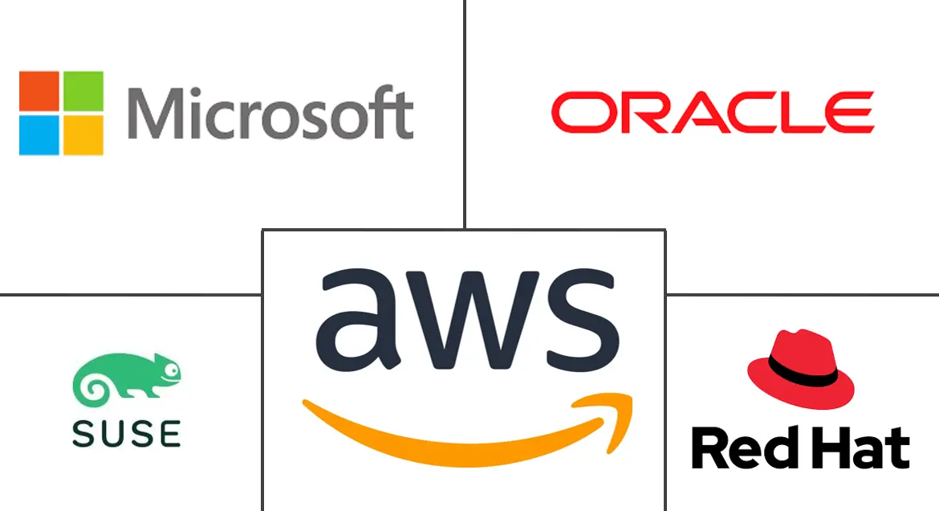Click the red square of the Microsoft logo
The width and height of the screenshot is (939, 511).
point(39,91)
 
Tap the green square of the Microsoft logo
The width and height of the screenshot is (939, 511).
point(83,91)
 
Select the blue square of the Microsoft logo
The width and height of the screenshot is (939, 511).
point(39,134)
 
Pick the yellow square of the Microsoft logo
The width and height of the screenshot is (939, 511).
point(83,134)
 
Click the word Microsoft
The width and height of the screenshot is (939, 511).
point(270,114)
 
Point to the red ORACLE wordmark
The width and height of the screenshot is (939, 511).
point(711,112)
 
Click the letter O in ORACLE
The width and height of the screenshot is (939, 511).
point(576,112)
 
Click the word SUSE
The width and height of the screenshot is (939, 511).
point(127,433)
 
